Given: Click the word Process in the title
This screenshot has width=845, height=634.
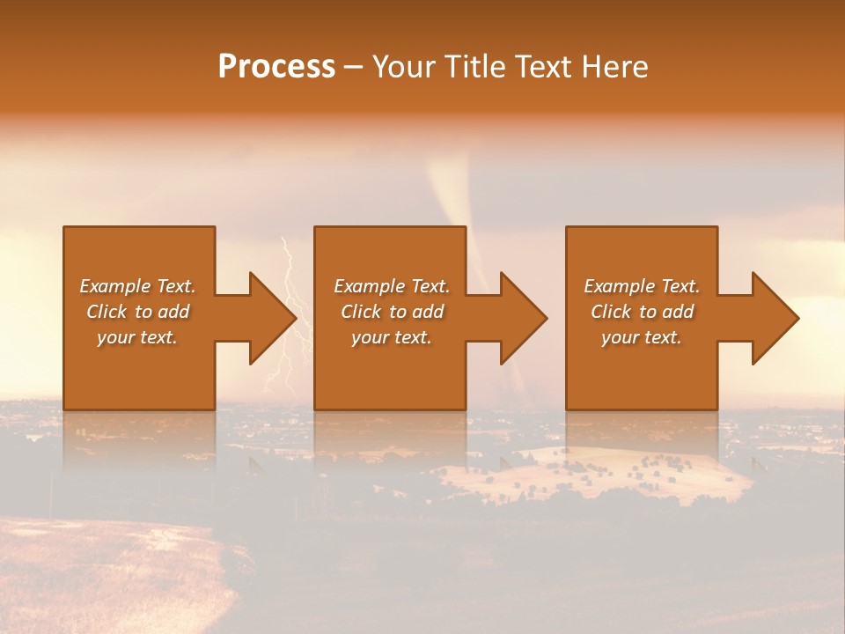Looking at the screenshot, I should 276,67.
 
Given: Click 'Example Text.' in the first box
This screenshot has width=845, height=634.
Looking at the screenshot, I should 137,286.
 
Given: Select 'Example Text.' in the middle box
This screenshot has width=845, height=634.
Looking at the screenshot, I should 392,286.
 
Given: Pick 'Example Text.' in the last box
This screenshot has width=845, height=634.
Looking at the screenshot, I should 642,286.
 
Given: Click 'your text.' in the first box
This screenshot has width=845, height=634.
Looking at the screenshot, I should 137,337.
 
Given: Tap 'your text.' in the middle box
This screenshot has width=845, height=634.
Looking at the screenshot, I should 392,337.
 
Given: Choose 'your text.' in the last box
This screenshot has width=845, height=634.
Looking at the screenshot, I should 642,337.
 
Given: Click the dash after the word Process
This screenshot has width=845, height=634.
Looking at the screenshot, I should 354,68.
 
